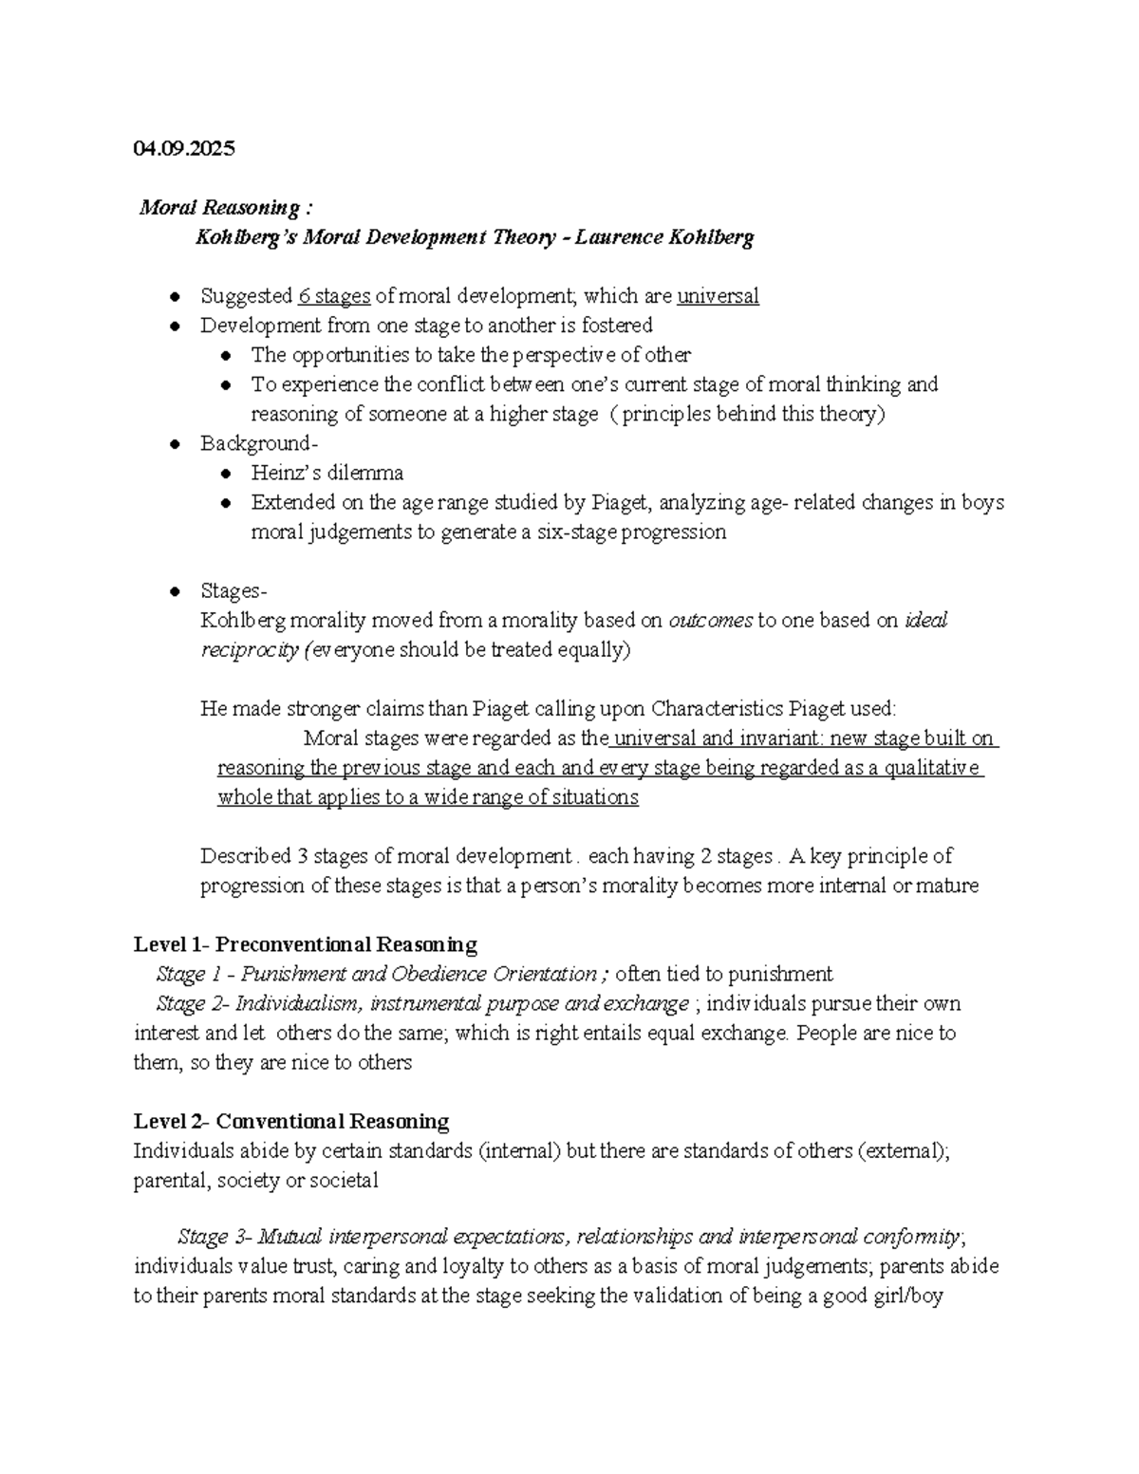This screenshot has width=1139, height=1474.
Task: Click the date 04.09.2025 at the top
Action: tap(184, 148)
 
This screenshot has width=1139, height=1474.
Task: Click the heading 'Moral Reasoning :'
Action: tap(225, 208)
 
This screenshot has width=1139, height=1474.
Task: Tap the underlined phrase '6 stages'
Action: tap(333, 296)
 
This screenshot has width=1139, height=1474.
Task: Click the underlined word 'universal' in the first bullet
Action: tap(718, 296)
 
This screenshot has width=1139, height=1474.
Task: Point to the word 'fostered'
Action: tap(617, 326)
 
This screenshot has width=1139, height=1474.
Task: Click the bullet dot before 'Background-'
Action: tap(175, 444)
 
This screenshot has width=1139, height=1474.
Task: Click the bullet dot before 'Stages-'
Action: tap(175, 591)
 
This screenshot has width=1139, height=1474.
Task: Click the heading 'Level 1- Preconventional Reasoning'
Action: tap(305, 944)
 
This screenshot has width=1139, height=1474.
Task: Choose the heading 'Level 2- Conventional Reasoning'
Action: tap(291, 1121)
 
